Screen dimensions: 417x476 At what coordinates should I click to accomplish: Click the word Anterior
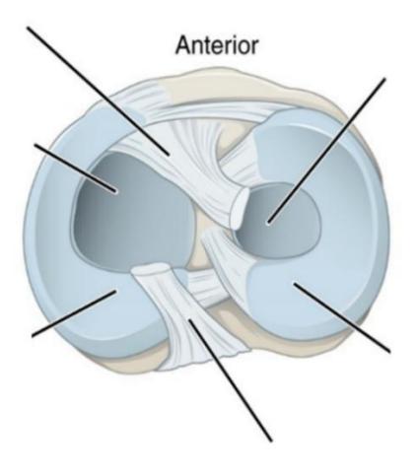pos(217,45)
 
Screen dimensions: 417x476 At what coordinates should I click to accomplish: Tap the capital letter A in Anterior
pos(183,45)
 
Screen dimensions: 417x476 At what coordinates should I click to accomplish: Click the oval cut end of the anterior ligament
pos(242,208)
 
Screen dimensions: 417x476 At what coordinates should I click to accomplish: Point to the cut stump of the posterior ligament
pos(151,271)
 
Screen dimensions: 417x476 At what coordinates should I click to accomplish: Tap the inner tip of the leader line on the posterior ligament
pos(188,319)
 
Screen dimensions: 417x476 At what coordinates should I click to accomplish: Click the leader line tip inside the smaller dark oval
pos(268,223)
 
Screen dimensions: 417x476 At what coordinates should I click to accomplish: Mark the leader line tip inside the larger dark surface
pos(115,191)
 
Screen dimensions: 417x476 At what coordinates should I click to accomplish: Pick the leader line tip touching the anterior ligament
pos(169,154)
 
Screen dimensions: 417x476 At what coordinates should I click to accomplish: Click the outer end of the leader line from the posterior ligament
pos(271,441)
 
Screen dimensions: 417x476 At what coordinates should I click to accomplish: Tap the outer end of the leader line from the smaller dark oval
pos(383,79)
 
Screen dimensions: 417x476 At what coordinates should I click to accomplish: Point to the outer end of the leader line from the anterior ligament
pos(29,28)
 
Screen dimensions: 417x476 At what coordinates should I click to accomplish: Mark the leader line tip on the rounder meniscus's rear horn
pos(295,284)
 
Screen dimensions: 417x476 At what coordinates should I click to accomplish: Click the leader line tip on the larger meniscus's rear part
pos(115,291)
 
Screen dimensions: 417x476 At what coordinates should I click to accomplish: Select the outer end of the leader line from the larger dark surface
pos(35,145)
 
